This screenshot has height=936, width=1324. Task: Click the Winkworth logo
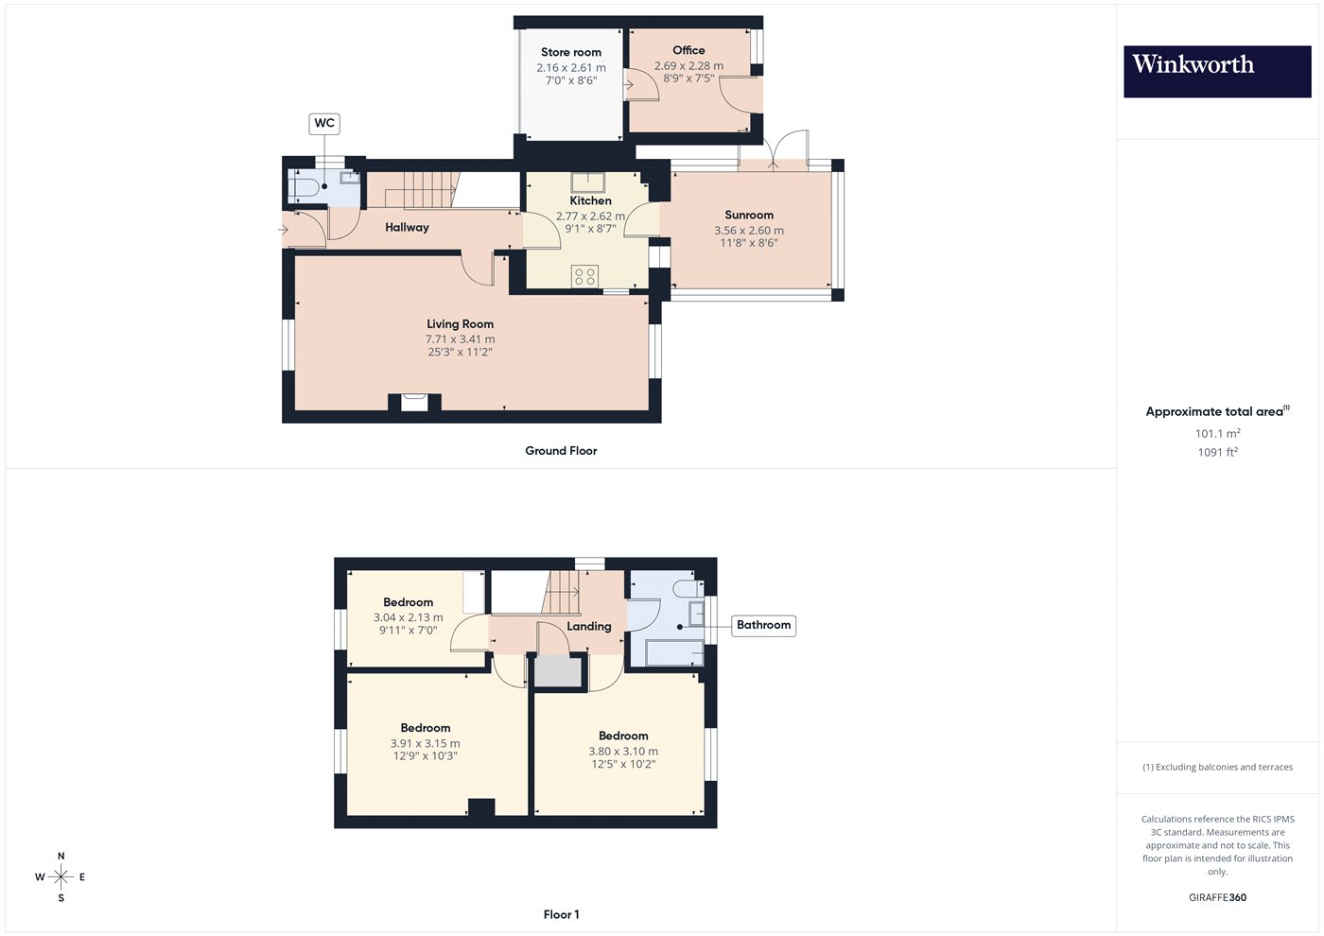[x=1217, y=72]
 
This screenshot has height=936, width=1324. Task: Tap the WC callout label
[x=324, y=124]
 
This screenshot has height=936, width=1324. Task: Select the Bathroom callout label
[x=764, y=625]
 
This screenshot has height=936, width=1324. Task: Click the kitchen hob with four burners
[x=584, y=276]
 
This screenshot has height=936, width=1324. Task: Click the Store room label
[x=571, y=52]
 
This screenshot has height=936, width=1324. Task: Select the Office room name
[x=688, y=50]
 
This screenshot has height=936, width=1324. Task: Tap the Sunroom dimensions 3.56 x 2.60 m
[x=749, y=231]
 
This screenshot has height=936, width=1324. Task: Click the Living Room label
[x=460, y=323]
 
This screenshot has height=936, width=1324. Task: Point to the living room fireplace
[x=414, y=403]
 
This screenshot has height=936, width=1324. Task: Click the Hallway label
[x=407, y=228]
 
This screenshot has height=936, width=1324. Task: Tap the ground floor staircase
[x=422, y=190]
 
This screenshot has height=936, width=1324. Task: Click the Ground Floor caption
[x=561, y=451]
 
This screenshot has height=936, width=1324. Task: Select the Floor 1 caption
[x=561, y=915]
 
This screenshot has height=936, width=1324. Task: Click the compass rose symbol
[x=61, y=877]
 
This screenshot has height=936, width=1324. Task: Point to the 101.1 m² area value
[x=1218, y=433]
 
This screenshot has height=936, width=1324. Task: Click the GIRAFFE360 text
[x=1218, y=897]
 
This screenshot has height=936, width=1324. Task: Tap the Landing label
[x=588, y=626]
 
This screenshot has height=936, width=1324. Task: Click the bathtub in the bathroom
[x=673, y=654]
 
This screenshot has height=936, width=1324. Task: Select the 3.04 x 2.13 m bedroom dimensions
[x=408, y=617]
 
